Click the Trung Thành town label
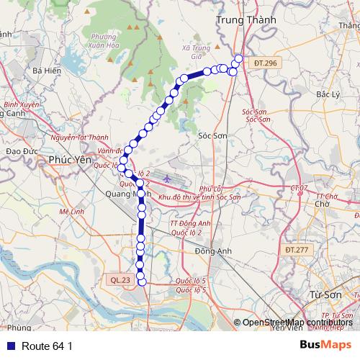click(242, 22)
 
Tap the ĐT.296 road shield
click(266, 64)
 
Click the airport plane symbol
click(168, 177)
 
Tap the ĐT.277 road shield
click(296, 250)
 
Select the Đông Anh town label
click(211, 251)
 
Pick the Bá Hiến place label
click(46, 71)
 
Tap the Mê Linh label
click(72, 212)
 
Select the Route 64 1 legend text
click(47, 346)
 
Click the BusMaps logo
click(321, 345)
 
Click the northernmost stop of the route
click(239, 59)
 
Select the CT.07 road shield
click(299, 188)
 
